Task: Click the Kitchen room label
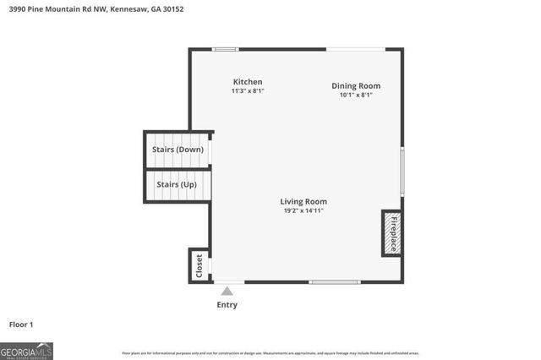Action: click(248, 82)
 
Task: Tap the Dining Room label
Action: click(355, 85)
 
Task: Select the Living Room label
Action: click(303, 201)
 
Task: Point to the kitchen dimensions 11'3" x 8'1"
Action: click(248, 90)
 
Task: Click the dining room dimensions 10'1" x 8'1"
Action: click(355, 95)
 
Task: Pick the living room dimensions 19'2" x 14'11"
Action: click(303, 210)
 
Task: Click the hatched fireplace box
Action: click(391, 232)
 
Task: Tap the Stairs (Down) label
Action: click(178, 150)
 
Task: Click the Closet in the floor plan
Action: click(199, 265)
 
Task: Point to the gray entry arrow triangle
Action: click(227, 291)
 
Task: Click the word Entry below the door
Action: click(227, 305)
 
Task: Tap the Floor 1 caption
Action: click(20, 324)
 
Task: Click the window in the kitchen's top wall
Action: click(225, 49)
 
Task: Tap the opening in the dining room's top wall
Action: click(355, 49)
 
